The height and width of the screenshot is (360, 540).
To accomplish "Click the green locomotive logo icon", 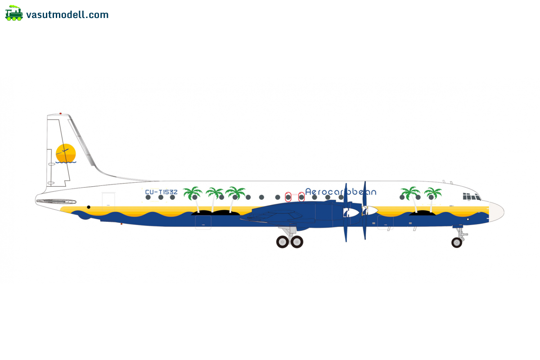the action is pos(14,13).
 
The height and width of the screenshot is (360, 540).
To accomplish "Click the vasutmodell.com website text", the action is pos(67,15).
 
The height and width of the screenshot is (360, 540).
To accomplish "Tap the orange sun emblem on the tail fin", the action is pos(66,153).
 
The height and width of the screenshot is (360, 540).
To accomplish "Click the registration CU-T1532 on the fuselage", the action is pos(161,192).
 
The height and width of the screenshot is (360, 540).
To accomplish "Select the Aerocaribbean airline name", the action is pos(341,192).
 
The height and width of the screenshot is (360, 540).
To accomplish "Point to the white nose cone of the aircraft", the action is pos(496,212).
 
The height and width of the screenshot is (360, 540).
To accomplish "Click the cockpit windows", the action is pos(472,197).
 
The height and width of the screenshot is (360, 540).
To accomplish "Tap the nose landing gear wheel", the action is pos(457,243).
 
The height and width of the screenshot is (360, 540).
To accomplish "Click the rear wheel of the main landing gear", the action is pos(282,242).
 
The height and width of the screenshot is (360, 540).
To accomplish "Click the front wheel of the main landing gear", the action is pos(297,242).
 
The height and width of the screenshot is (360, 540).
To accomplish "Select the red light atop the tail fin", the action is pos(60,113).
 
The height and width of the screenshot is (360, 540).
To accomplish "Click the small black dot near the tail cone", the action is pos(89,207).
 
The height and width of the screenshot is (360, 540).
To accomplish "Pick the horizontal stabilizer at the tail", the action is pos(56,201).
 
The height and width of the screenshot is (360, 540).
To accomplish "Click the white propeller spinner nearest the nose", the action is pos(371,211).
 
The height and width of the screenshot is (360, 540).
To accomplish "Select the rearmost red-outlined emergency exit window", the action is pos(288,197).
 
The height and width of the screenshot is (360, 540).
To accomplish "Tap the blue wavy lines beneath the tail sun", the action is pos(66,162).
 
